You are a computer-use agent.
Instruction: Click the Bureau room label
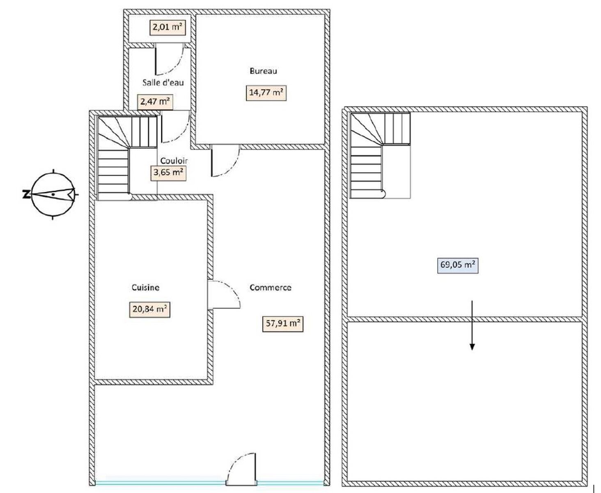pyautogui.click(x=263, y=71)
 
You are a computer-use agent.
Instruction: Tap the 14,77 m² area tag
pyautogui.click(x=266, y=93)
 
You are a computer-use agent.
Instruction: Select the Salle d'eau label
pyautogui.click(x=163, y=83)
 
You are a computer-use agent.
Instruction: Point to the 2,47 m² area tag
pyautogui.click(x=155, y=102)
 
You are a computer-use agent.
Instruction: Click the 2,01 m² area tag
pyautogui.click(x=167, y=28)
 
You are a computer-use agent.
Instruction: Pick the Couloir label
pyautogui.click(x=174, y=161)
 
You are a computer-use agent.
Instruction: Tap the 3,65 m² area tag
pyautogui.click(x=168, y=173)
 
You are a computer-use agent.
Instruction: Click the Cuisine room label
pyautogui.click(x=145, y=288)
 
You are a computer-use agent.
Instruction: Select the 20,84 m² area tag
pyautogui.click(x=149, y=309)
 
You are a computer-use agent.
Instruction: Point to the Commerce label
pyautogui.click(x=271, y=288)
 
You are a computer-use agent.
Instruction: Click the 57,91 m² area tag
pyautogui.click(x=283, y=324)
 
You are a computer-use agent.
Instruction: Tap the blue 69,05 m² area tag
pyautogui.click(x=458, y=265)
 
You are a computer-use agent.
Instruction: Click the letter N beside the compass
pyautogui.click(x=26, y=195)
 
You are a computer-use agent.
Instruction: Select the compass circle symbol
pyautogui.click(x=53, y=194)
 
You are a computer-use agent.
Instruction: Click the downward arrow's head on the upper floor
pyautogui.click(x=472, y=347)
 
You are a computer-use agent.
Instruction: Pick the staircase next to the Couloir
pyautogui.click(x=127, y=158)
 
